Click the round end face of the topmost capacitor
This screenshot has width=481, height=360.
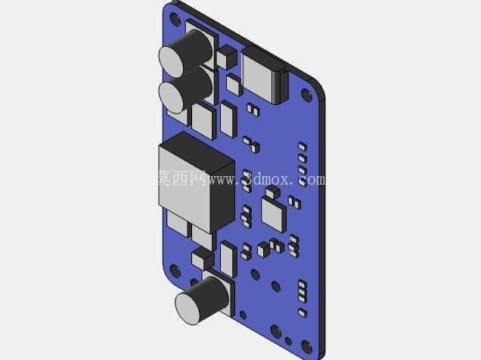click(x=172, y=62)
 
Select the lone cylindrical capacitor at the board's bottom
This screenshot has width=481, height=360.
click(x=202, y=300)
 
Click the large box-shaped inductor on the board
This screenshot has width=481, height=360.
click(x=197, y=182)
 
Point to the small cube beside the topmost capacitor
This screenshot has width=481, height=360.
click(x=227, y=57)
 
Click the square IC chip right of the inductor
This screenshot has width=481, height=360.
click(x=274, y=215)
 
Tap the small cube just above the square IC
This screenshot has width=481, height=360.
click(x=272, y=192)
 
